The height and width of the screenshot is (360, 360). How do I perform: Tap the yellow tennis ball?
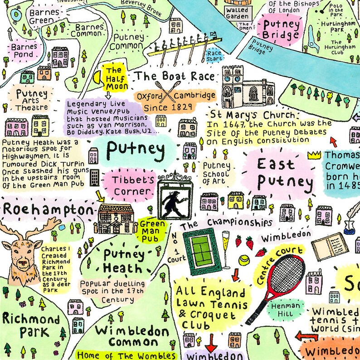pos(244,260)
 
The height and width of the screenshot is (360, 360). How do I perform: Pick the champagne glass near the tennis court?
pos(225,247)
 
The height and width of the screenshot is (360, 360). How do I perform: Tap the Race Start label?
pos(214,56)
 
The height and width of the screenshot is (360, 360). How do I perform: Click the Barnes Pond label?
pos(22,50)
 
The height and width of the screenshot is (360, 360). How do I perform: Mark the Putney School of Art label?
pos(216,173)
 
